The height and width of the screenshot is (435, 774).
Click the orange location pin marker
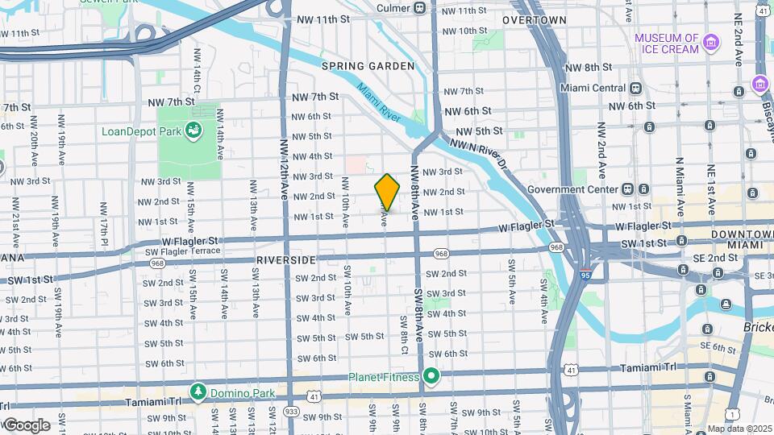click(387, 192)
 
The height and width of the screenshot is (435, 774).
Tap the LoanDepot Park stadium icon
click(193, 129)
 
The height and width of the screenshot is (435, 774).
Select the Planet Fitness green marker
click(431, 376)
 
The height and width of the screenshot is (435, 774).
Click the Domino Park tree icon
click(198, 391)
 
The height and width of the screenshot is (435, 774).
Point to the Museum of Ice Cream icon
click(711, 42)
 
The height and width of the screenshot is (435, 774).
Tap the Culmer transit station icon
click(420, 8)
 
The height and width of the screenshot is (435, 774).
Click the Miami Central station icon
click(635, 88)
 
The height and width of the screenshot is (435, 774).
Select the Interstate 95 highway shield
click(584, 275)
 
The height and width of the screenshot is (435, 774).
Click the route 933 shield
click(291, 411)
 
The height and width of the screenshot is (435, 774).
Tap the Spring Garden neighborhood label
click(368, 66)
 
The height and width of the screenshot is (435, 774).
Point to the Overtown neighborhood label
click(534, 19)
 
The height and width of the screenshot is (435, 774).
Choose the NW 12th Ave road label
click(284, 171)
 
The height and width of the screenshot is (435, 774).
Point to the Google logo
click(27, 425)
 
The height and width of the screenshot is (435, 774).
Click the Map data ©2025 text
click(739, 429)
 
